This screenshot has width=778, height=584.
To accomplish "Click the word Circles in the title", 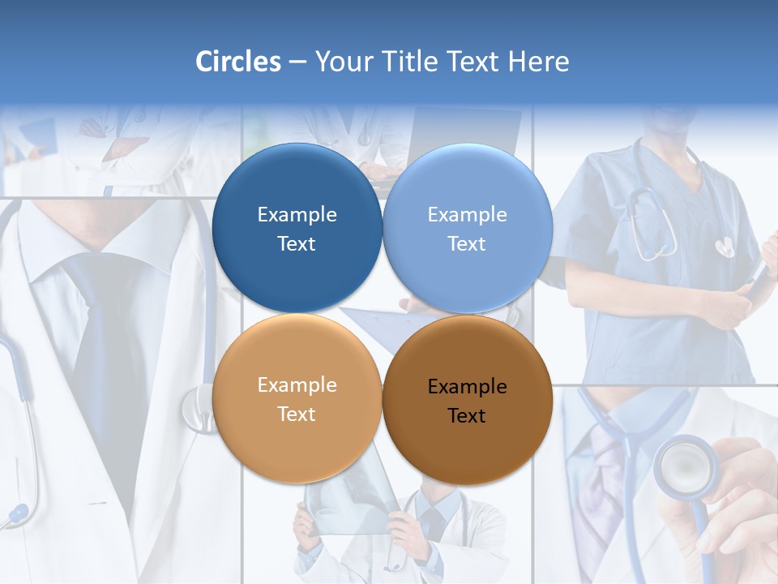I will [237, 62].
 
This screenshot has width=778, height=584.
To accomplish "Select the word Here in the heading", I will [538, 62].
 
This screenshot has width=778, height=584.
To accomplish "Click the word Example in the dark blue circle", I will [297, 215].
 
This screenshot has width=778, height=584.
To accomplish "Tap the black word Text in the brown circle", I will [467, 416].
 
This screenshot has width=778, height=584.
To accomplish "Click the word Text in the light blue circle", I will [467, 244].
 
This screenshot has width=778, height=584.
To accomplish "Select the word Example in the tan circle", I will [297, 385].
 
